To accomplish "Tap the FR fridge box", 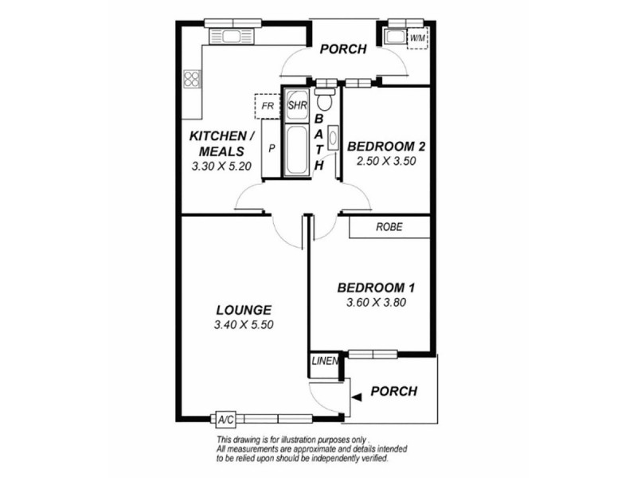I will [x=268, y=105].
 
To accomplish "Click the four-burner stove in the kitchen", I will [x=192, y=79].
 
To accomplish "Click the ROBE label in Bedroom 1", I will [x=389, y=227].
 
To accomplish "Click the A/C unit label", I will [x=225, y=418].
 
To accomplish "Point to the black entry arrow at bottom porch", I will [x=358, y=393].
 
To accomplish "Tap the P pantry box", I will [x=272, y=148].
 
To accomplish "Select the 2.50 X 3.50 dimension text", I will [x=387, y=160].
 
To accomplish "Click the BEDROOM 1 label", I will [x=376, y=288].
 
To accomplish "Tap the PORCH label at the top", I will [x=342, y=49].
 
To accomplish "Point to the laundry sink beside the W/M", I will [x=394, y=36].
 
